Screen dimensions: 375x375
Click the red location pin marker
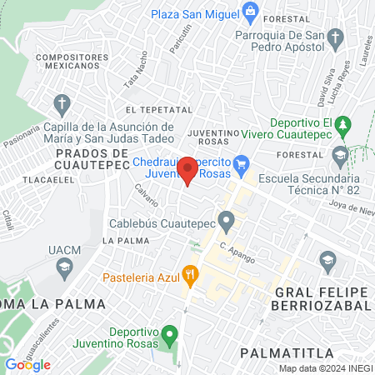[188, 170]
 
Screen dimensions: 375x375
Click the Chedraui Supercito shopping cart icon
[242, 162]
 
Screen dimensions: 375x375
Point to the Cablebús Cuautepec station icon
[225, 222]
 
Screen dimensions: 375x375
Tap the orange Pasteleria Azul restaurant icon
[191, 272]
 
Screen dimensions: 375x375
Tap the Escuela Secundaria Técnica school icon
[340, 154]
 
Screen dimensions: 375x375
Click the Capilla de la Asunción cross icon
[61, 104]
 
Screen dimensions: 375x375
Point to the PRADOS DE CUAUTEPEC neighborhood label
[92, 159]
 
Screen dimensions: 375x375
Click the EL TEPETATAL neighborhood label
[153, 110]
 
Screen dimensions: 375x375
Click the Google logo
[27, 364]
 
